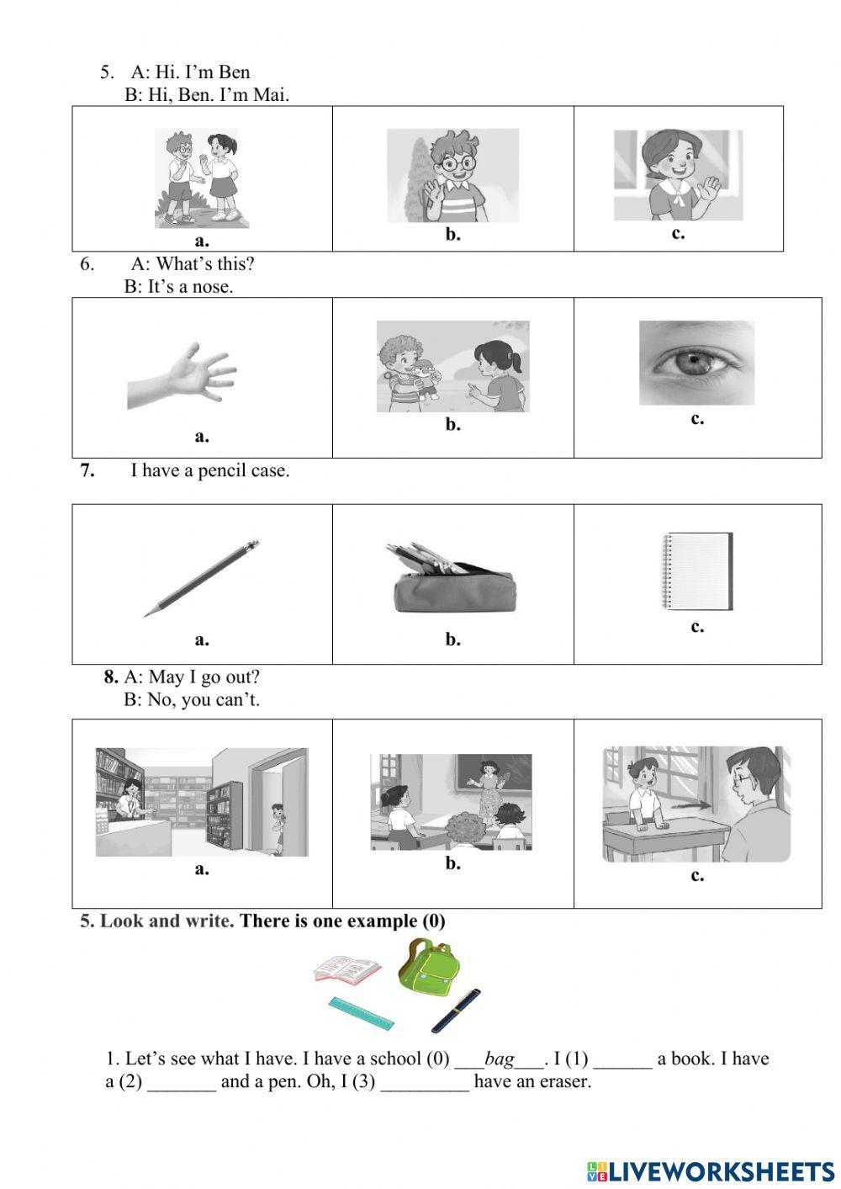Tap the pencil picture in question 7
tap(202, 578)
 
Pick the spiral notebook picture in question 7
tap(697, 571)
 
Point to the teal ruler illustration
tap(362, 1014)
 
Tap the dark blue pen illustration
tap(455, 1011)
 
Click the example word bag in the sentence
tap(499, 1059)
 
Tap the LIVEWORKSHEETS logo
tap(711, 1170)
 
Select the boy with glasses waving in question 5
tap(452, 175)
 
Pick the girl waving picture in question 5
tap(678, 175)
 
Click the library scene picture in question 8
tap(202, 802)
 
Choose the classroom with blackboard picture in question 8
tap(452, 802)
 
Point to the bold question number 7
tap(87, 470)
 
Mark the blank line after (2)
tap(182, 1084)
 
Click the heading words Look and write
tap(166, 921)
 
